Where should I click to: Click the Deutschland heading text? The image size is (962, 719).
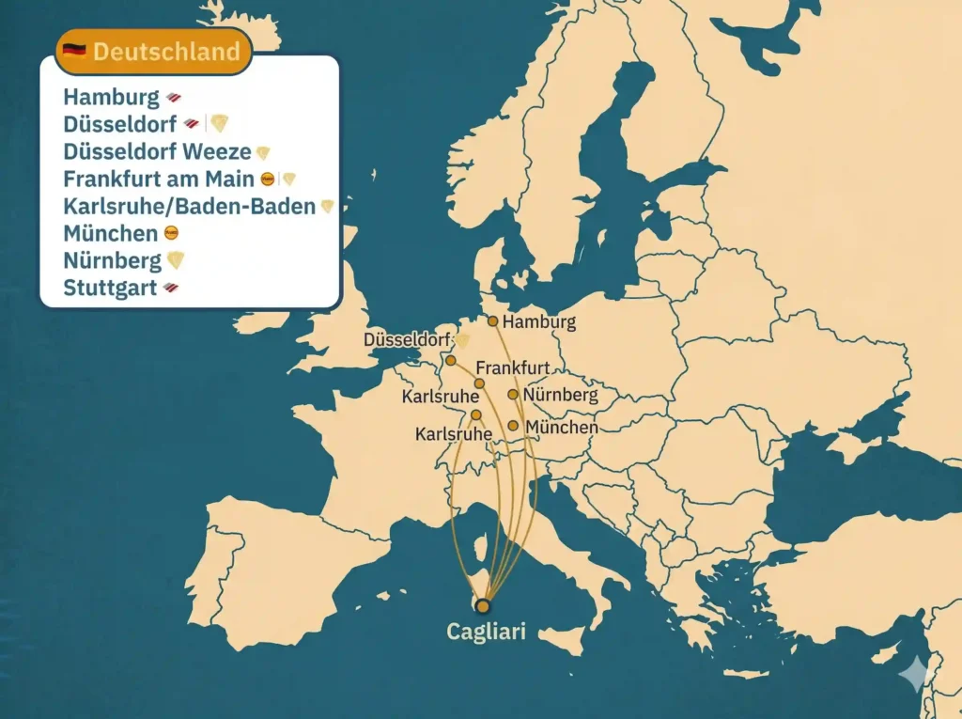pyautogui.click(x=166, y=51)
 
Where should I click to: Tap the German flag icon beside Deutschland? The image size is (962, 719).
pyautogui.click(x=74, y=51)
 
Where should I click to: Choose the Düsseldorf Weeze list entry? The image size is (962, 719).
pyautogui.click(x=157, y=151)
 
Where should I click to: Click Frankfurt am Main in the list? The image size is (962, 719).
pyautogui.click(x=159, y=179)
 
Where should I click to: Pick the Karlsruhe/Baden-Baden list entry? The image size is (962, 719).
pyautogui.click(x=189, y=206)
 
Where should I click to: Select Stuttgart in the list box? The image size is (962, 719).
pyautogui.click(x=110, y=288)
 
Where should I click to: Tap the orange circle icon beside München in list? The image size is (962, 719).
pyautogui.click(x=170, y=233)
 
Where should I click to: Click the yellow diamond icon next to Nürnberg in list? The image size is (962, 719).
pyautogui.click(x=176, y=260)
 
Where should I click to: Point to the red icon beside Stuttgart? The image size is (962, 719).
pyautogui.click(x=170, y=288)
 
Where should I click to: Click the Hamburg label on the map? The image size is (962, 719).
pyautogui.click(x=538, y=322)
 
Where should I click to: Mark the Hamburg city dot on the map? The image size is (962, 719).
pyautogui.click(x=492, y=320)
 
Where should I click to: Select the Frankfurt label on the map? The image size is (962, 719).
pyautogui.click(x=512, y=367)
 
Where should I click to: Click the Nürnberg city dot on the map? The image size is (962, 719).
pyautogui.click(x=513, y=395)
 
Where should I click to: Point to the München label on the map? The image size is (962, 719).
pyautogui.click(x=562, y=428)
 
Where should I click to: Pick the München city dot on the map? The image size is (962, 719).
pyautogui.click(x=513, y=426)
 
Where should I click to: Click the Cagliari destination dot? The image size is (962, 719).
pyautogui.click(x=484, y=605)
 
